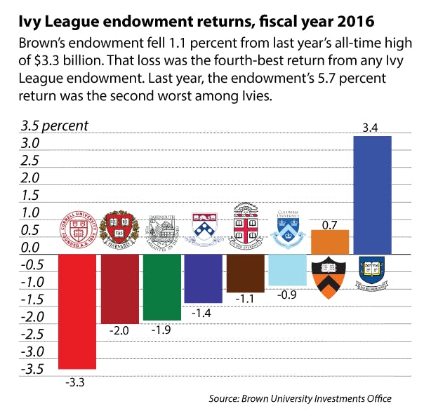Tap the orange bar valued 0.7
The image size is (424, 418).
[329, 241]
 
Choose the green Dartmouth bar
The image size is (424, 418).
[161, 286]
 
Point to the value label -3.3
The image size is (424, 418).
[76, 382]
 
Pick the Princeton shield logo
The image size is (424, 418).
[329, 276]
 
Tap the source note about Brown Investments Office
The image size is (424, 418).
[300, 398]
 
